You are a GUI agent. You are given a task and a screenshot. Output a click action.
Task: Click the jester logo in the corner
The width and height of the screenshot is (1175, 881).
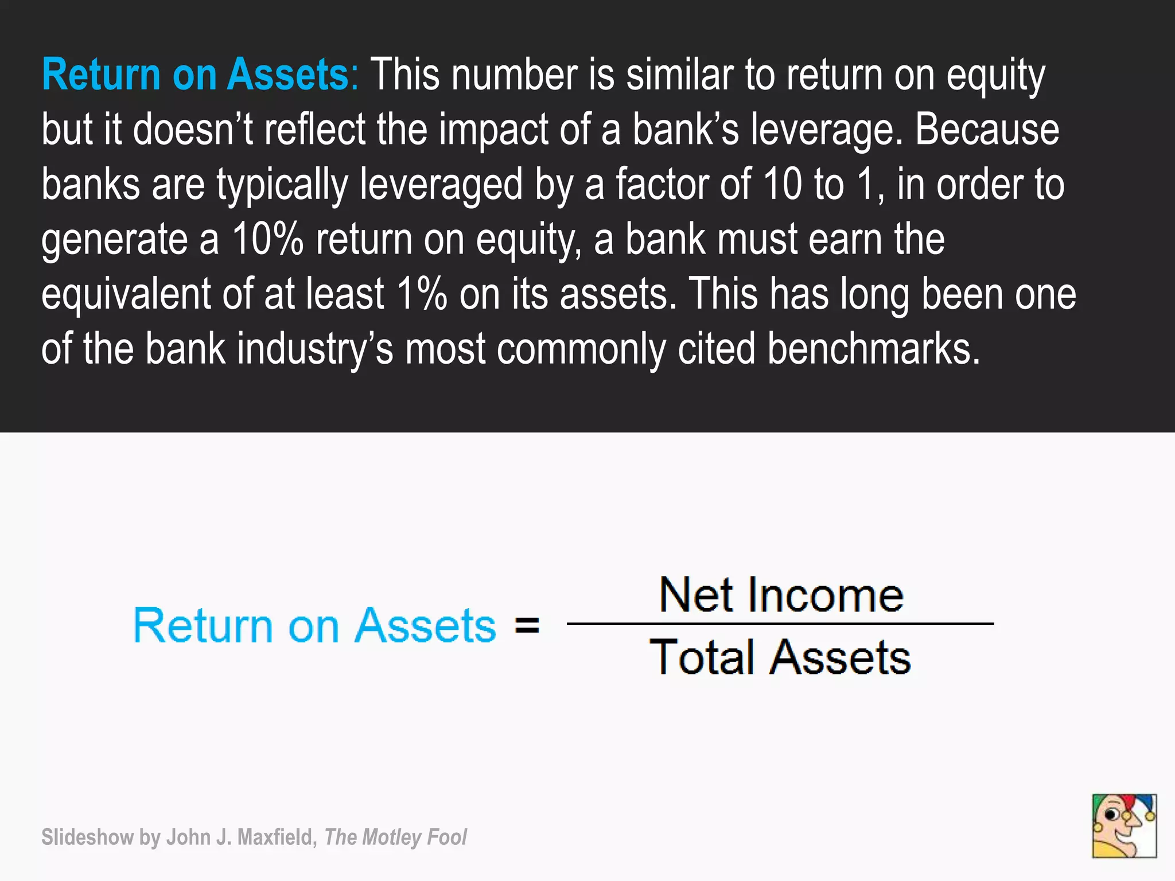coord(1124,826)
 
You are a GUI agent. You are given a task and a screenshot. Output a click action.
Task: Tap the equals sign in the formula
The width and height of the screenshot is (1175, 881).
coord(527,625)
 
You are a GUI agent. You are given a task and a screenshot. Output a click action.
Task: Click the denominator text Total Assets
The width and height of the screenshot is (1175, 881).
coord(780,657)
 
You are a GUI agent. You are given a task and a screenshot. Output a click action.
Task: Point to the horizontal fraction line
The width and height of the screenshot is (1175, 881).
coord(780,623)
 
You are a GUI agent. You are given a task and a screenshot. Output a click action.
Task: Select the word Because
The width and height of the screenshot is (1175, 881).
coord(987,130)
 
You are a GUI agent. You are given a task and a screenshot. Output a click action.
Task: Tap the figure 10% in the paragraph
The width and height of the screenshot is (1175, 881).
coord(267,239)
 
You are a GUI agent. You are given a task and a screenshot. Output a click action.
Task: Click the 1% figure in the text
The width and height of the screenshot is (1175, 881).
coord(421,294)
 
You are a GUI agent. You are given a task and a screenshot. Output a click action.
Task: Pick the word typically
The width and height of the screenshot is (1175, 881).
coord(282,185)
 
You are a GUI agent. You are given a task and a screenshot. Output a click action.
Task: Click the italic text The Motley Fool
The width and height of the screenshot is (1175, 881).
coord(395,837)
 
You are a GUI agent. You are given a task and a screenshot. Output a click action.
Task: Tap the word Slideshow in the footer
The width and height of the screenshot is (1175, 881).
coord(87,837)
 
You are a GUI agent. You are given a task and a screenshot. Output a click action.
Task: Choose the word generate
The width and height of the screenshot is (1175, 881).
coord(114,239)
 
